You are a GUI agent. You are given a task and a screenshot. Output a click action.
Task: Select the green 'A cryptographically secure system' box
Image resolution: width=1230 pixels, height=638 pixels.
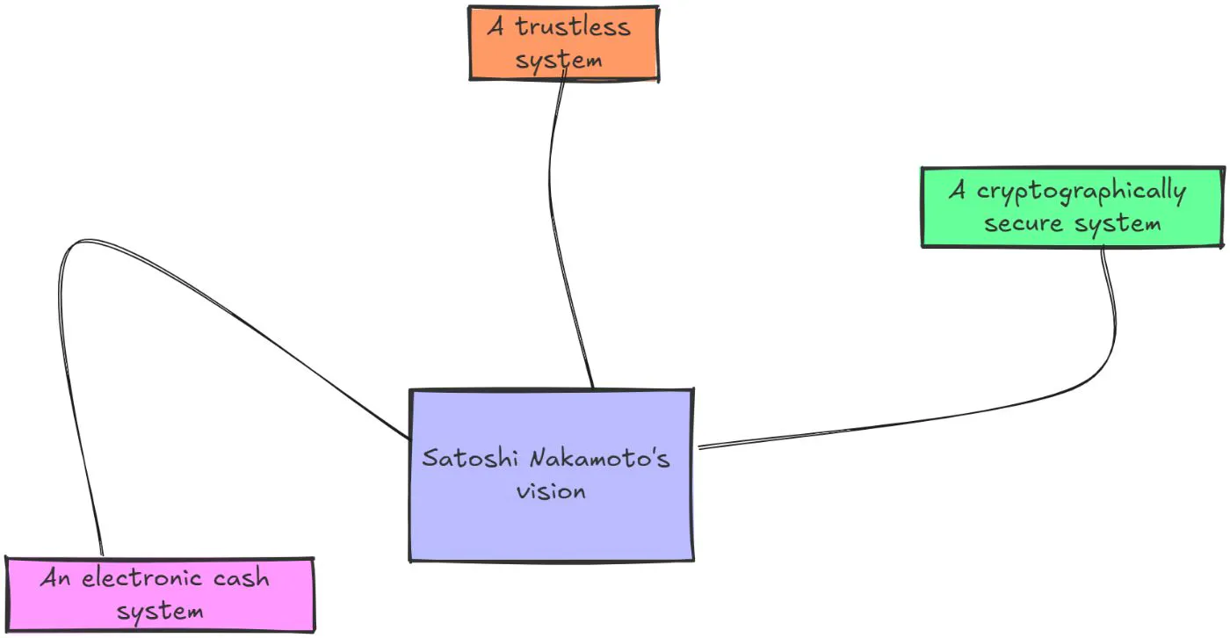click(1072, 207)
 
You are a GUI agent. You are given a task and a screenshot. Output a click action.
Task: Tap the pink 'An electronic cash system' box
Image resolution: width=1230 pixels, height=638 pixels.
click(159, 594)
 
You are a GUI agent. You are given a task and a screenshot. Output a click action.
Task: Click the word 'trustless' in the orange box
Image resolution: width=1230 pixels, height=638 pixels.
click(573, 27)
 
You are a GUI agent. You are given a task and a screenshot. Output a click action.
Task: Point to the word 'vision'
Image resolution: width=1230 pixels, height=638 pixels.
click(551, 490)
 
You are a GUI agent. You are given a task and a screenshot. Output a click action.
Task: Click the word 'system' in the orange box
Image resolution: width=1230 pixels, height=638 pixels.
click(559, 60)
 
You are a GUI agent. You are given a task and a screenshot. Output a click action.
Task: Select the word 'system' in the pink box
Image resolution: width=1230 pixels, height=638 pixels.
click(160, 611)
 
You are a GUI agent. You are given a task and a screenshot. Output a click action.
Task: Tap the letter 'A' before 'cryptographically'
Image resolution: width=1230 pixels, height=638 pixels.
click(958, 191)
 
